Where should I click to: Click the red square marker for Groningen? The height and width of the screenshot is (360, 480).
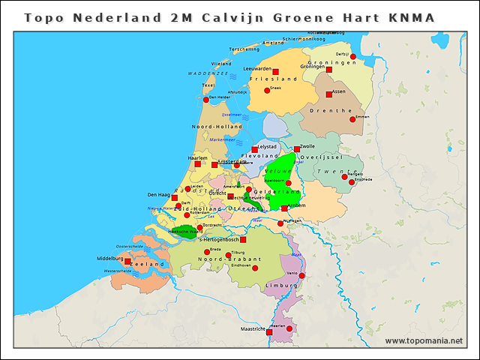[x=328, y=70]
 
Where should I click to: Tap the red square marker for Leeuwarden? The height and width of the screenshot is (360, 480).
[x=275, y=72]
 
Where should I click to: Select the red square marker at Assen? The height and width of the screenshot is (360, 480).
[x=328, y=94]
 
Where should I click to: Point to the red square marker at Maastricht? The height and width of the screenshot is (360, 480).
[x=269, y=331]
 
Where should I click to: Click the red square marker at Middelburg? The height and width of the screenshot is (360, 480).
[x=127, y=262]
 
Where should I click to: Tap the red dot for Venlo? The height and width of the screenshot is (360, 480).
[x=301, y=275]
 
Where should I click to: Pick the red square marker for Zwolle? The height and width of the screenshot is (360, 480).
[x=297, y=149]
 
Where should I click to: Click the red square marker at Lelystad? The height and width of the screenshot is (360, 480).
[x=255, y=149]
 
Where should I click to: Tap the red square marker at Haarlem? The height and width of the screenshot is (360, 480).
[x=197, y=163]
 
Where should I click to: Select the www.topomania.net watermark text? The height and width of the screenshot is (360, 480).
[x=424, y=341]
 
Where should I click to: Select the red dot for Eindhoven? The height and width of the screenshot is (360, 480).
[x=255, y=268]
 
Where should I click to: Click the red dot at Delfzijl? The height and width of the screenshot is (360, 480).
[x=353, y=56]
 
